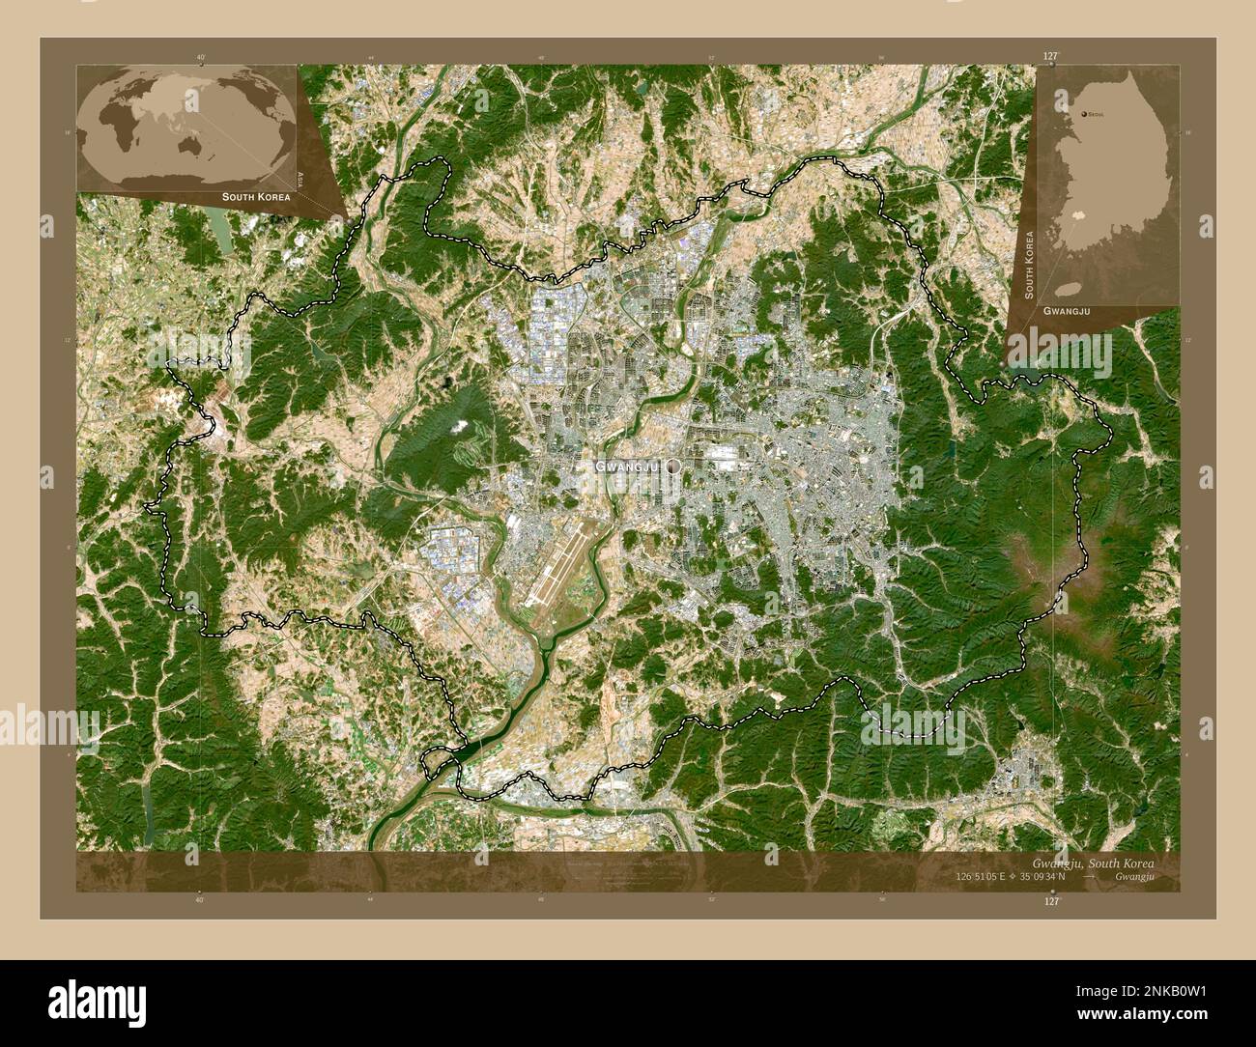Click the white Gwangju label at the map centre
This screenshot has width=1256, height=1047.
tap(626, 467)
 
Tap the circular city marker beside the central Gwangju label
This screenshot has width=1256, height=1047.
tap(673, 466)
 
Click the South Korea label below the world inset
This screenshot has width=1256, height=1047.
tap(255, 197)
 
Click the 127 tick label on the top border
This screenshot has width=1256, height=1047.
tap(1051, 57)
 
